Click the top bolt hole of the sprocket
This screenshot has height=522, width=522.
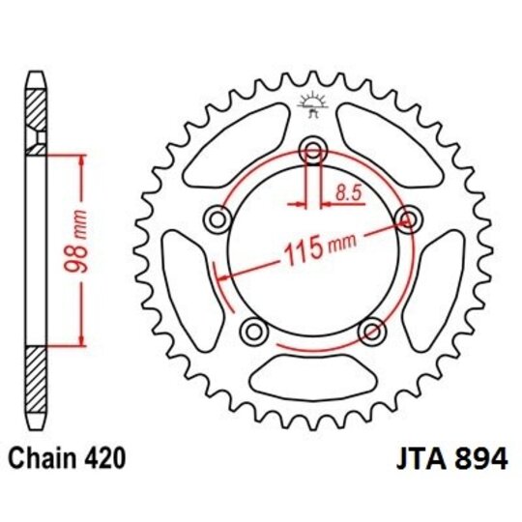click(x=312, y=151)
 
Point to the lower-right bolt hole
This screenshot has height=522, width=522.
click(x=370, y=331)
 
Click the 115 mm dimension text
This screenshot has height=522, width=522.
click(x=318, y=253)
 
